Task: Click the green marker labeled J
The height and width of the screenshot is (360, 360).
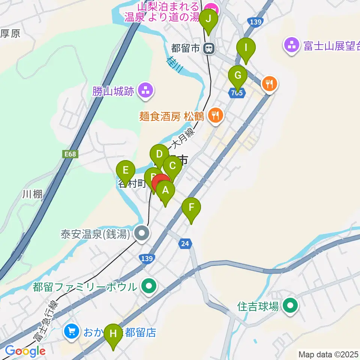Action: [208, 18]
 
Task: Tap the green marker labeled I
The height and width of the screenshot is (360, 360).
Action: [246, 48]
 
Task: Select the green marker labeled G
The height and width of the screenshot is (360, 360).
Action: [238, 75]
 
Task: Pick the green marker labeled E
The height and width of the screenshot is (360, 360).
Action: [126, 171]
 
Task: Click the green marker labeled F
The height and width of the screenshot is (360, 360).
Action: [191, 207]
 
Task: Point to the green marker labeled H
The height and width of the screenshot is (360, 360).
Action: [113, 333]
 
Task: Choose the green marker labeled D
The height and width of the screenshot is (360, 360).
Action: [159, 154]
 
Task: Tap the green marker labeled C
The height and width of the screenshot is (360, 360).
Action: [173, 165]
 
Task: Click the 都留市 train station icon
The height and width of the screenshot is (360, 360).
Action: [209, 48]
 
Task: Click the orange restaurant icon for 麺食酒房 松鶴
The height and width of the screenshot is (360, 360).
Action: [215, 115]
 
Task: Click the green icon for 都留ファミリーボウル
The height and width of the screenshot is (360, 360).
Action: [149, 287]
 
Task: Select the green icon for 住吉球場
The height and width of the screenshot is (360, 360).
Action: [290, 306]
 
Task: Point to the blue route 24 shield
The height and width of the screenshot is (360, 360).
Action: [185, 244]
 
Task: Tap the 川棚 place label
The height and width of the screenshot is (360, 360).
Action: [32, 194]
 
